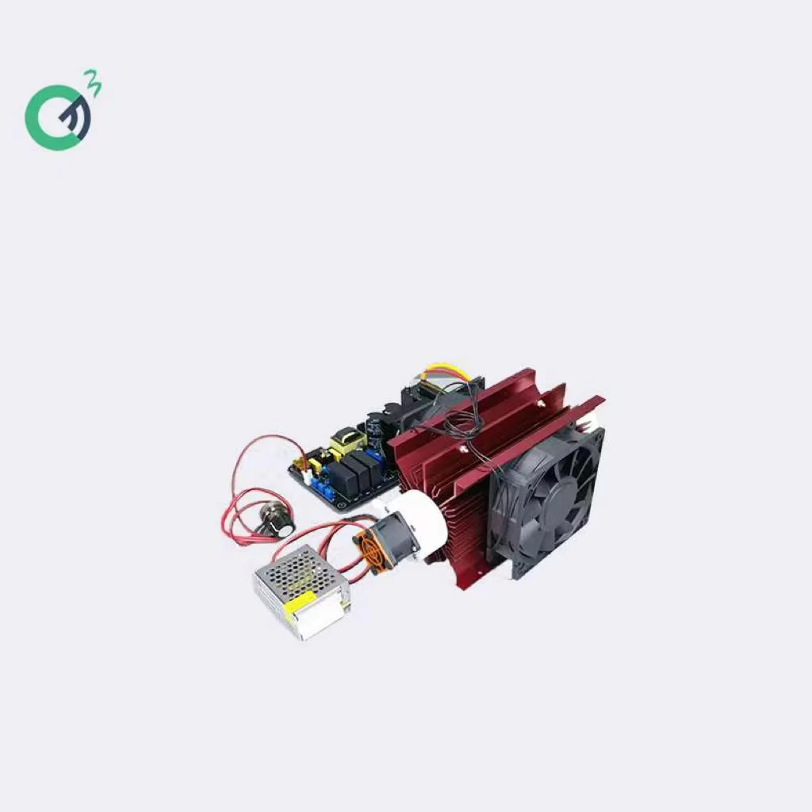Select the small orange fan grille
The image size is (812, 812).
[x=366, y=548]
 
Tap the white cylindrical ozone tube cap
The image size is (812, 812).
[x=420, y=516]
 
